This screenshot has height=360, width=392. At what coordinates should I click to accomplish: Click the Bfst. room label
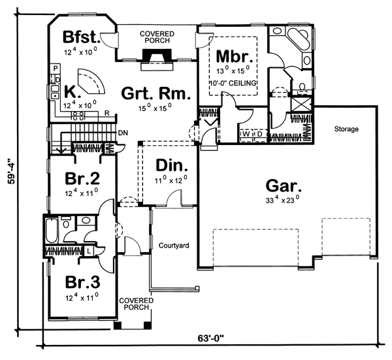(81, 37)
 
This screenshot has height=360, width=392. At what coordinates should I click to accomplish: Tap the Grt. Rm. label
(155, 93)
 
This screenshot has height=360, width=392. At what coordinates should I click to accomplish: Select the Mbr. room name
(235, 56)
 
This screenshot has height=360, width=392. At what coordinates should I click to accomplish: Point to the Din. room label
(171, 165)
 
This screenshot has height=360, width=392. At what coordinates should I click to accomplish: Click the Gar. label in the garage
(284, 186)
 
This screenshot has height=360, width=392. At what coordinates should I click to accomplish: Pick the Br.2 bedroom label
(82, 178)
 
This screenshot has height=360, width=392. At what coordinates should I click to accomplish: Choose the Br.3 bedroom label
(82, 282)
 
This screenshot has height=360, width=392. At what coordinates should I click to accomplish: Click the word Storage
(346, 129)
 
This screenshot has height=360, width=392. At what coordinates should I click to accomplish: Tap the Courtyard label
(174, 246)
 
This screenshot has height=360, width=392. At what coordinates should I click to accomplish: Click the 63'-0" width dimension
(210, 338)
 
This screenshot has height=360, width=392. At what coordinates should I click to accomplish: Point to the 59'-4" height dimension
(12, 171)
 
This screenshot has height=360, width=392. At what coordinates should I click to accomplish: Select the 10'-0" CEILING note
(233, 83)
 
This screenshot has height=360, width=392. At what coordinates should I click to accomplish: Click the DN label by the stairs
(123, 133)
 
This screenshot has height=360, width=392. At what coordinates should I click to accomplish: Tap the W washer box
(246, 134)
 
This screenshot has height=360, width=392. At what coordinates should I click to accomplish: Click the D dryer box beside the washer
(260, 134)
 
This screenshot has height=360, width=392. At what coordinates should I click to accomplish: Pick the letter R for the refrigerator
(107, 113)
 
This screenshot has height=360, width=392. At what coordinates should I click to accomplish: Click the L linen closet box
(89, 251)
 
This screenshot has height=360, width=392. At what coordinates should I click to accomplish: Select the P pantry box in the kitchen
(56, 68)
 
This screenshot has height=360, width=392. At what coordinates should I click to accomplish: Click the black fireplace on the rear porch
(157, 56)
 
